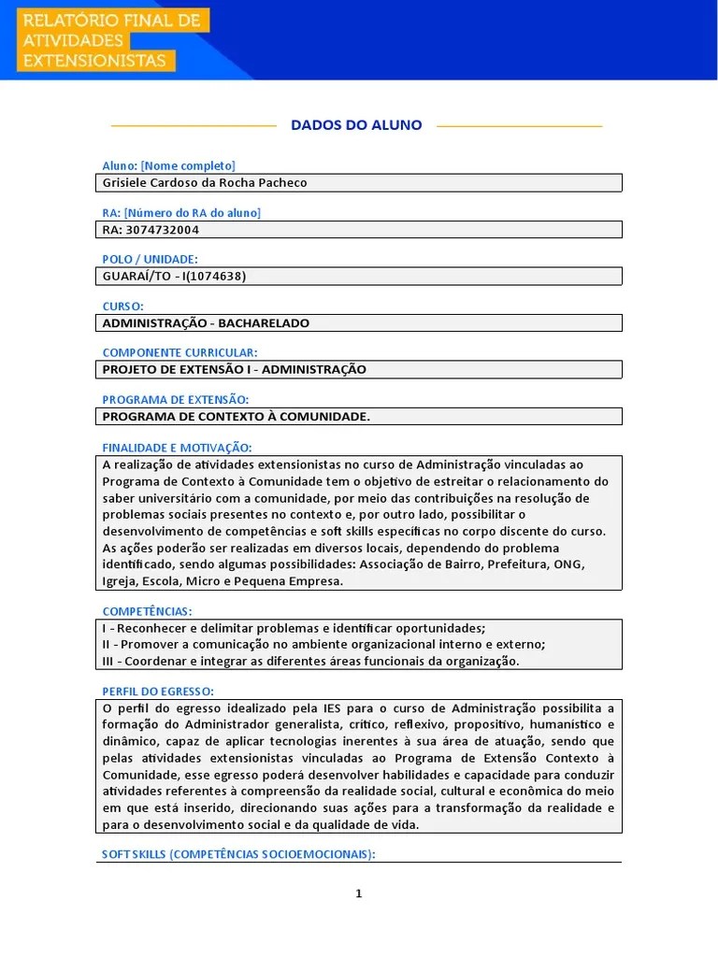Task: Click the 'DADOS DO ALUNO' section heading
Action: [356, 125]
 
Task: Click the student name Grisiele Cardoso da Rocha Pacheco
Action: [204, 183]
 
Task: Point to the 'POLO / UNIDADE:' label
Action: [150, 259]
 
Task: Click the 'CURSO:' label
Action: [122, 306]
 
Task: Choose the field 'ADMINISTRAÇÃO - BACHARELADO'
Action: [205, 322]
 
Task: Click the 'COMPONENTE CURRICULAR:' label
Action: [179, 352]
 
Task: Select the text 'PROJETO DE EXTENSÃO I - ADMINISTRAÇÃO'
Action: [234, 369]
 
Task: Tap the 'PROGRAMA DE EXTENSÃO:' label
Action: [175, 399]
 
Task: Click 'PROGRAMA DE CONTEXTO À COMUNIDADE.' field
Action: [236, 417]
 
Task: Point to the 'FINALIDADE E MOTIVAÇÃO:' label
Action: [177, 448]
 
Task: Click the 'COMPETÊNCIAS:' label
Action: [147, 611]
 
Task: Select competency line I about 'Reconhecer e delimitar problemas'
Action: [294, 628]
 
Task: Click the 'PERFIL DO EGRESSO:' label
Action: [158, 692]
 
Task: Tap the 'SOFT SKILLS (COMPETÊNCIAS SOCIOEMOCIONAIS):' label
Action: [237, 854]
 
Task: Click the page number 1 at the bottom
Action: [358, 894]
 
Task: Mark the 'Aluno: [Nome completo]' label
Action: [168, 165]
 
